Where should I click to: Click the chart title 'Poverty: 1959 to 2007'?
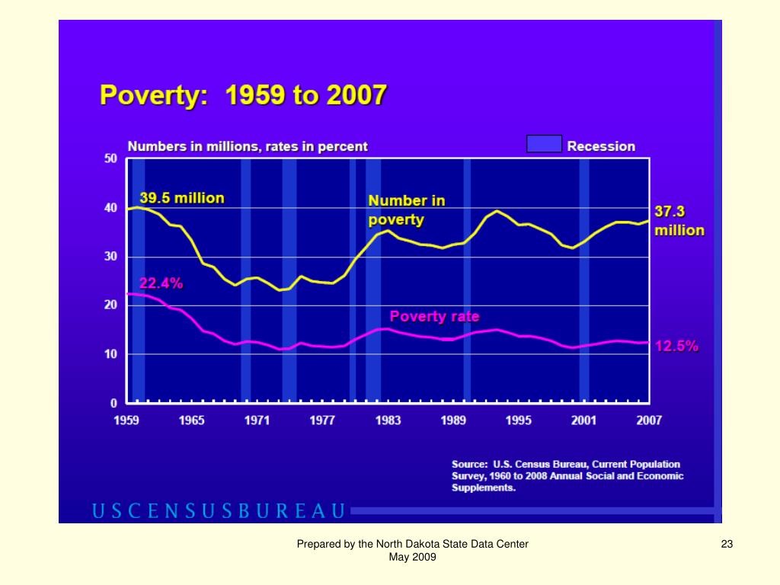coord(243,97)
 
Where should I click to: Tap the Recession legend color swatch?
coord(544,145)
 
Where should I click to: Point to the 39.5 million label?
coord(181,198)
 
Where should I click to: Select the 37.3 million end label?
coord(679,220)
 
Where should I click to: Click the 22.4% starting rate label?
coord(161,283)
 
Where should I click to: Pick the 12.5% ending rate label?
coord(676,346)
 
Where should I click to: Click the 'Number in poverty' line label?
coord(407,210)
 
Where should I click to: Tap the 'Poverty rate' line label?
coord(434,316)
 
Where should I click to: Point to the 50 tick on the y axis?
coord(110,158)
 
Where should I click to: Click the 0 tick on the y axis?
coord(114,402)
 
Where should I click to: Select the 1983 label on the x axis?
coord(388,420)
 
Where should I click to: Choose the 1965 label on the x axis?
coord(191,420)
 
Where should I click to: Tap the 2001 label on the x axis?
coord(583,420)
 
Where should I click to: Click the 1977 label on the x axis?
coord(322,420)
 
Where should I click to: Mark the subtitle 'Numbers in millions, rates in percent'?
coord(247,146)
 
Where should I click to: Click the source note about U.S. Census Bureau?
coord(567,476)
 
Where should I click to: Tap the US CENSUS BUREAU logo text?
coord(219,510)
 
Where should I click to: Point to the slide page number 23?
coord(726,544)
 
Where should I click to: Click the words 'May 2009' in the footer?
coord(412,558)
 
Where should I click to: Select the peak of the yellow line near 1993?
coord(497,211)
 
